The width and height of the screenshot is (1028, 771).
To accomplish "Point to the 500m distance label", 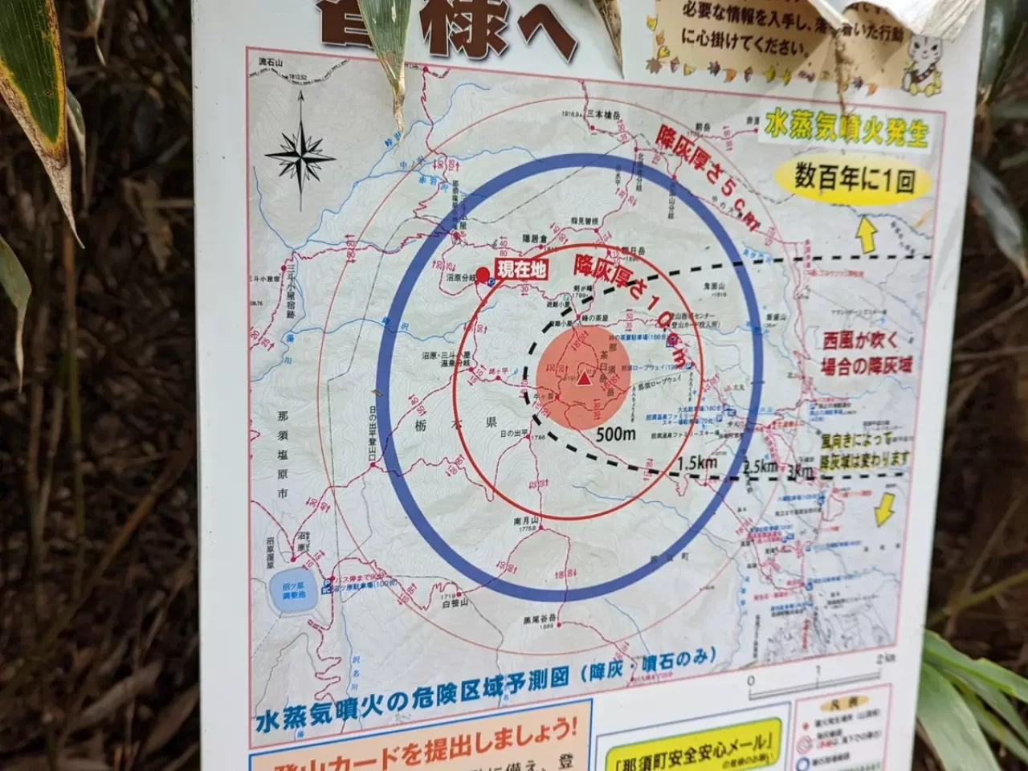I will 616,434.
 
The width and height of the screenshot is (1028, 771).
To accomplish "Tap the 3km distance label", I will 800,472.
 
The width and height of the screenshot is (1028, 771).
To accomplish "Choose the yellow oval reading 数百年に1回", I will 854,178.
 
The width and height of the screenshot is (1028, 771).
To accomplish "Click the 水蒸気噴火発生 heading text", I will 845,129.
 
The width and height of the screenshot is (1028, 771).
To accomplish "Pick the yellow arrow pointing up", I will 867,235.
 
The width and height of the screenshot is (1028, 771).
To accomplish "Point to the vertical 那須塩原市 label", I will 282,454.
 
